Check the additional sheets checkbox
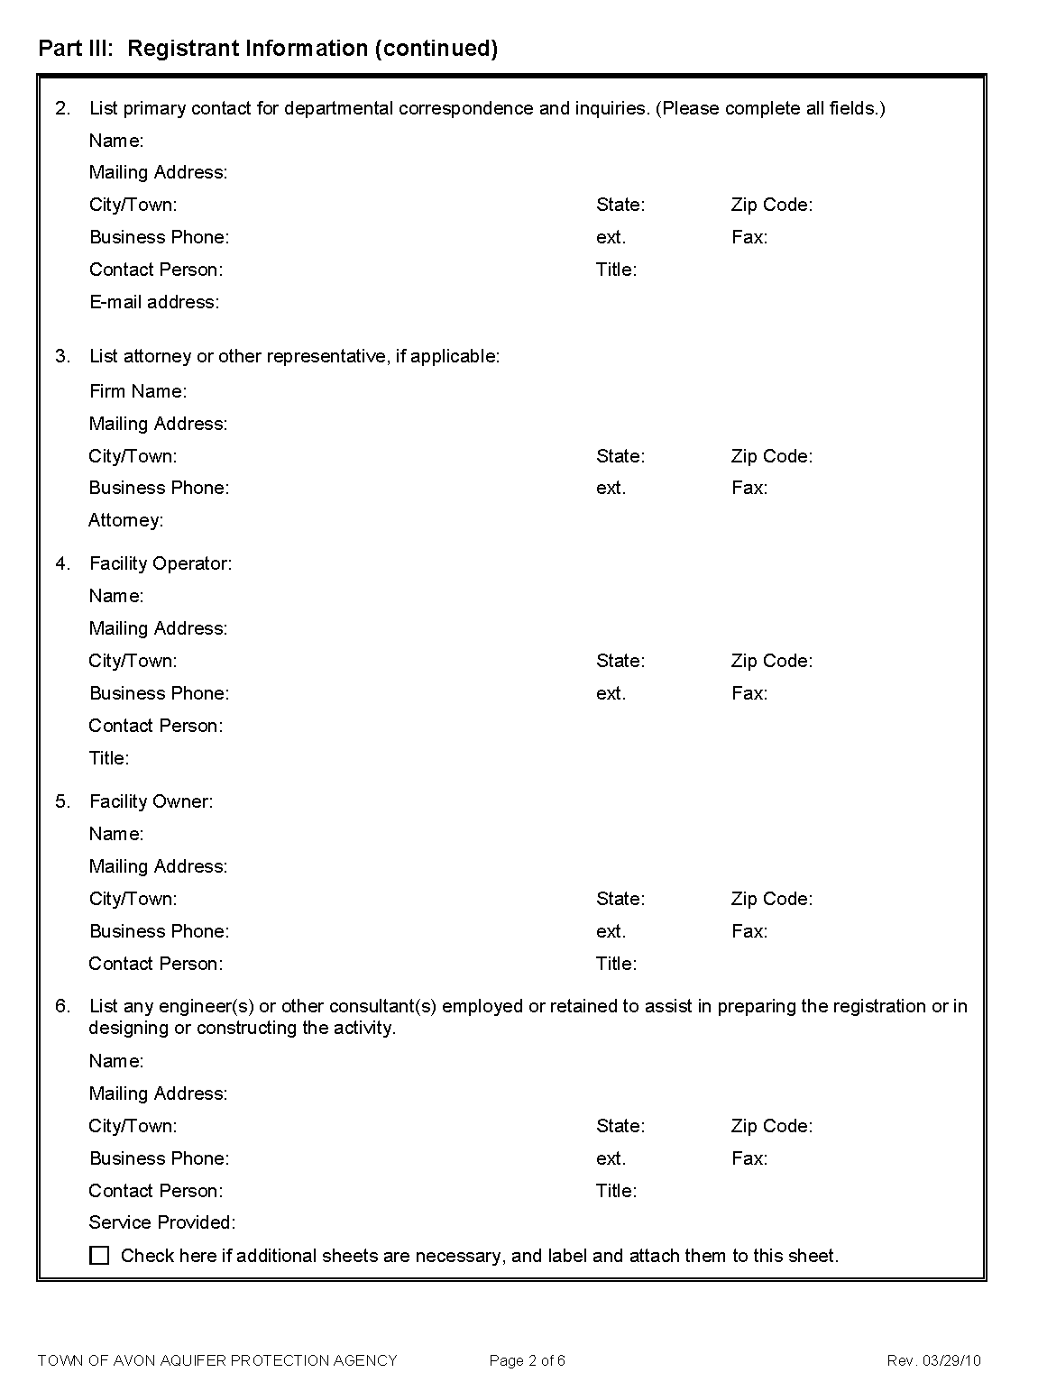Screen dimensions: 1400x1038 coord(100,1256)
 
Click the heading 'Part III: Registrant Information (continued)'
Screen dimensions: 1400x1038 coord(268,49)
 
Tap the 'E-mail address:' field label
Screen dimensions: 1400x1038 coord(154,302)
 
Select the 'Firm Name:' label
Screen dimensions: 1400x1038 coord(138,391)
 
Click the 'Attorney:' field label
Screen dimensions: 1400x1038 coord(126,520)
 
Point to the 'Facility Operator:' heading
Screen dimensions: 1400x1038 coord(161,563)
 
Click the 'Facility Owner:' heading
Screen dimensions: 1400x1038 coord(152,801)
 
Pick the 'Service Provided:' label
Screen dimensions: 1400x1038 coord(162,1222)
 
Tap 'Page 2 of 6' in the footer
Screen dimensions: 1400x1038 coord(528,1360)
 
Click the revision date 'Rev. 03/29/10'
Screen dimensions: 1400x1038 coord(933,1360)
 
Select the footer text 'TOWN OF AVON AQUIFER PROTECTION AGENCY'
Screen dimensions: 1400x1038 coord(217,1360)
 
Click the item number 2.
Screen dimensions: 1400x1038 coord(62,108)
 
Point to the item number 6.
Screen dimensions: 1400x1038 coord(62,1006)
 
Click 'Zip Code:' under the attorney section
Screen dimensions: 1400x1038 coord(772,456)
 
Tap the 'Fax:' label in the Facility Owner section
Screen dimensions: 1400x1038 coord(749,931)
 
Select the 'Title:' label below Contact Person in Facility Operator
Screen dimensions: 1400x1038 coord(109,758)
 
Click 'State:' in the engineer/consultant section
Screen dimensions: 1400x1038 coord(620,1126)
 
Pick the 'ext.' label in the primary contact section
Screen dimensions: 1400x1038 coord(611,237)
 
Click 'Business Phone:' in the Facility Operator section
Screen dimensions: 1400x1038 coord(160,693)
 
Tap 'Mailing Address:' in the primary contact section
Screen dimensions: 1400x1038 coord(159,172)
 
